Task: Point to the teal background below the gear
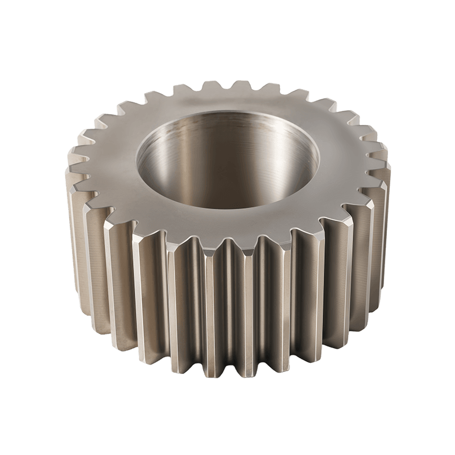(227, 421)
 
